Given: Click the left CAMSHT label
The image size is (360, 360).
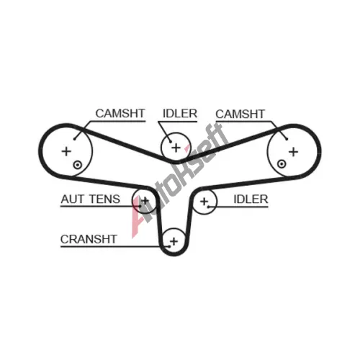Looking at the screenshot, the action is pos(120,113).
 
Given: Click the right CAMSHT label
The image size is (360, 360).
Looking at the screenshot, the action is pos(240,114).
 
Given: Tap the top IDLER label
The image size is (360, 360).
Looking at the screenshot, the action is pos(180,113).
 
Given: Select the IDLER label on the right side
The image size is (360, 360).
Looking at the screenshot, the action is pos(251,199).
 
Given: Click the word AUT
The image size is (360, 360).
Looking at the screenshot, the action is pos(73,199).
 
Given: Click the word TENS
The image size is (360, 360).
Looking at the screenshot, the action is pos(104,199).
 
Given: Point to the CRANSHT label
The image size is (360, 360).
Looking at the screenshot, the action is pos(89,239).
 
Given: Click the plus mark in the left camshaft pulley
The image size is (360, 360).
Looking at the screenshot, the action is pos(66,151).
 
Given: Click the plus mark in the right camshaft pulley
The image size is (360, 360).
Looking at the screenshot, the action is pos(293,152).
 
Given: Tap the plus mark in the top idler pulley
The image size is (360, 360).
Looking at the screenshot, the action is pos(176,148).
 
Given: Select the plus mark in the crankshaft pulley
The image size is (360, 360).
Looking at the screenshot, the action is pos(174,241).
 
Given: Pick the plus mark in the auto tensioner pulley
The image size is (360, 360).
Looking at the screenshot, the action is pos(145,200).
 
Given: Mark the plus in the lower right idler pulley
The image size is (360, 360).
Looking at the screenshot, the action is pos(204,202).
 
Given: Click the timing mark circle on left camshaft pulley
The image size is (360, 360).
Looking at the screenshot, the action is pos(78,165).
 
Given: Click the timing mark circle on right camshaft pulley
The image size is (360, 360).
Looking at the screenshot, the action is pos(282,164).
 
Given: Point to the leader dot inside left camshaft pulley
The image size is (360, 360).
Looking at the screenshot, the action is pos(74,139).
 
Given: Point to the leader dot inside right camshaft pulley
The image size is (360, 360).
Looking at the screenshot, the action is pos(287,139).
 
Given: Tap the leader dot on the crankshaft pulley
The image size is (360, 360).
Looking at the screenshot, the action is pos(169,246).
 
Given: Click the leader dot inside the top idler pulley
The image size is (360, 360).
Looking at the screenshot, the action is pos(171,142).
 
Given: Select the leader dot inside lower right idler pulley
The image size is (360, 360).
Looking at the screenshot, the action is pos(209,207).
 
